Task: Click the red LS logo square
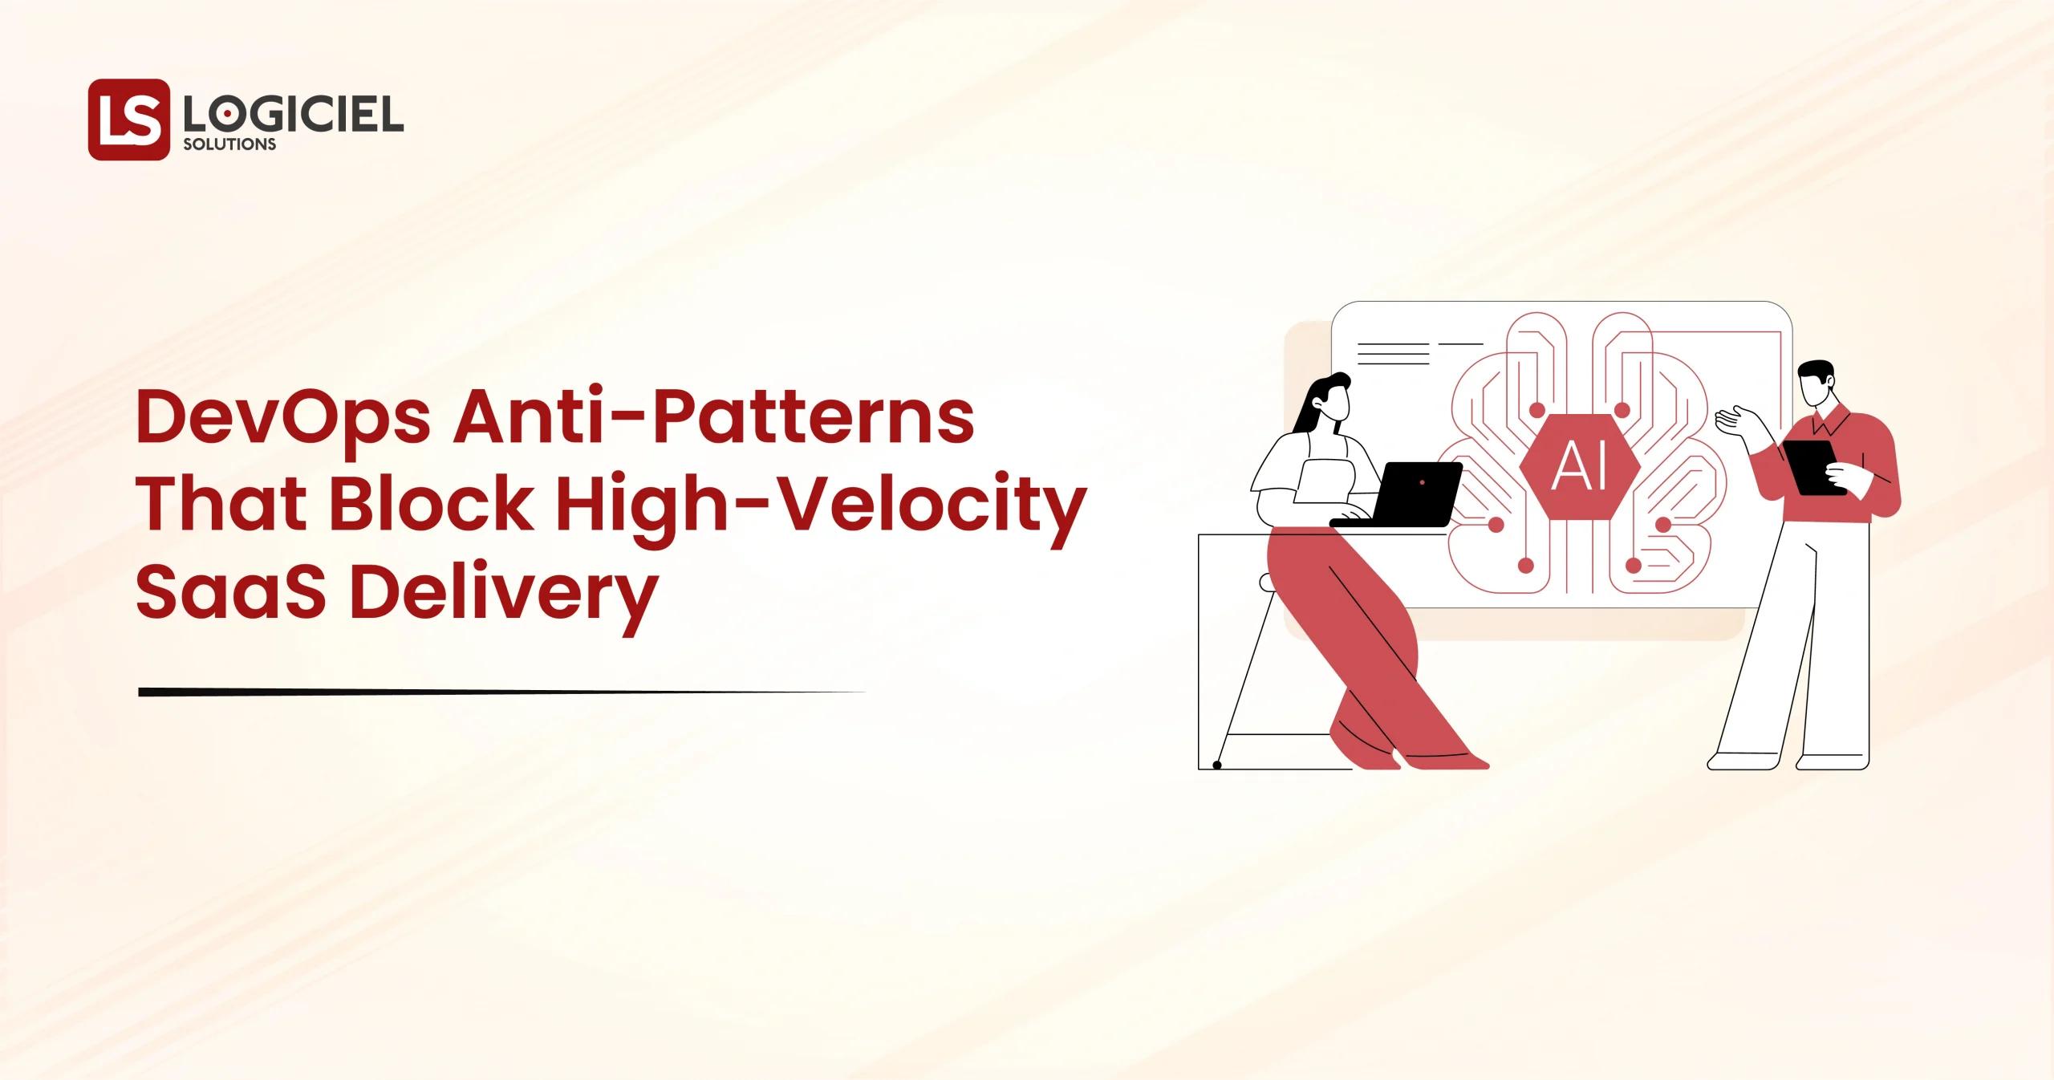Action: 129,119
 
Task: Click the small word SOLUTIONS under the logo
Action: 229,145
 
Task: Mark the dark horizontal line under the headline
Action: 501,691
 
